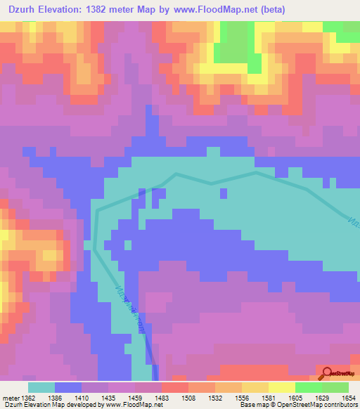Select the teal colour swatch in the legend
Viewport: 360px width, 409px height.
41,387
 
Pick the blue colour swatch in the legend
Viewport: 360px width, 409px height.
68,387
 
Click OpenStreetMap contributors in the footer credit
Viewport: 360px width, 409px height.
323,405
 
